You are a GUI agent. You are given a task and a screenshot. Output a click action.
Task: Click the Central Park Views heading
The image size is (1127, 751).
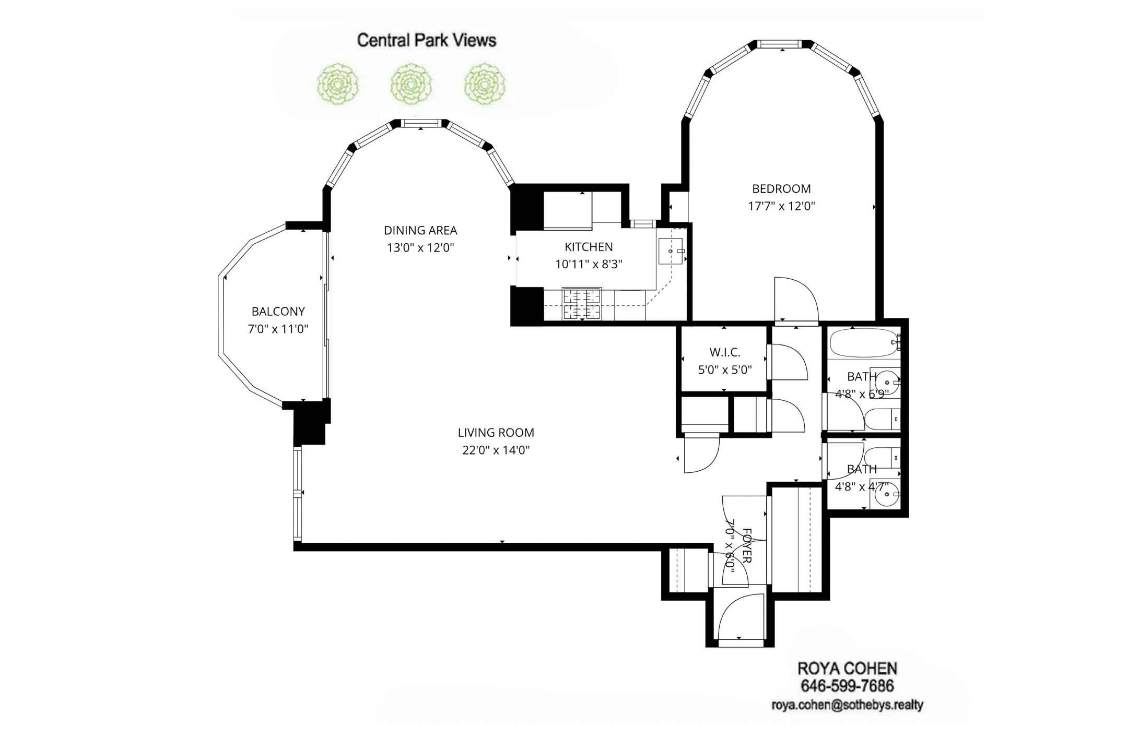(426, 40)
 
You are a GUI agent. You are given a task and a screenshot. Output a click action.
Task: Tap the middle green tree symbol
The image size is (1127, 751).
(411, 84)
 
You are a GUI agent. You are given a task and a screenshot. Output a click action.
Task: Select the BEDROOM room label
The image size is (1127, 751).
(781, 188)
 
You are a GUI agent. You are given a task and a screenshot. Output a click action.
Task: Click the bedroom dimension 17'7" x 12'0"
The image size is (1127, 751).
(781, 206)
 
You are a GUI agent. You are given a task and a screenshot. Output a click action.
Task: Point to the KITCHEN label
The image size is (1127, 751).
(589, 246)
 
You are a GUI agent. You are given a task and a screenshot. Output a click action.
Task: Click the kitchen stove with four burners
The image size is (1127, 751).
(582, 304)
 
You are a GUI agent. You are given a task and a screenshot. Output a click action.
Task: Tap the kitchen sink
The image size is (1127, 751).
(671, 252)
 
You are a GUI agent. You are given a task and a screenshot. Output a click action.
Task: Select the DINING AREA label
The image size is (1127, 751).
(420, 230)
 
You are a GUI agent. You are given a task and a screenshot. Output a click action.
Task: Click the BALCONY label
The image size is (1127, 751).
(278, 312)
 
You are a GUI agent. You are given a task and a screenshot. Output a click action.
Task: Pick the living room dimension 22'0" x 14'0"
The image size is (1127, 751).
(496, 450)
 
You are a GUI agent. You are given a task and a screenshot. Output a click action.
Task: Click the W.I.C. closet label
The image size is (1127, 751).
(724, 352)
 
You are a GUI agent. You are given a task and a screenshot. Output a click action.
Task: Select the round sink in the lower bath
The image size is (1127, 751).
(887, 495)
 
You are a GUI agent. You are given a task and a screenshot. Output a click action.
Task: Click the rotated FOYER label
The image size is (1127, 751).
(746, 545)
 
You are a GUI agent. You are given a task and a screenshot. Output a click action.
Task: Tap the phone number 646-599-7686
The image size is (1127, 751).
(847, 686)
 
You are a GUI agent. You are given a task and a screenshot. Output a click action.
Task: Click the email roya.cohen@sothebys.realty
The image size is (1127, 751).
(847, 705)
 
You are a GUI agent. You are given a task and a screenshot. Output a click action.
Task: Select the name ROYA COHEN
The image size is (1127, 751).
(847, 669)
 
